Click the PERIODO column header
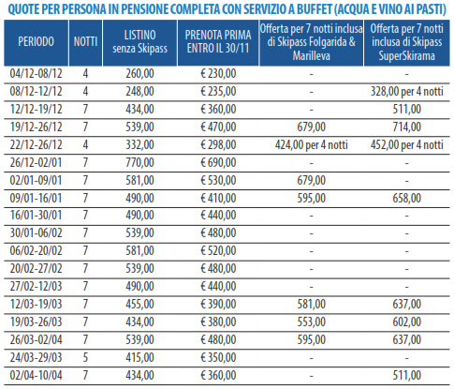point(36,41)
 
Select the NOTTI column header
point(85,41)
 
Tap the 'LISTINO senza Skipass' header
point(139,41)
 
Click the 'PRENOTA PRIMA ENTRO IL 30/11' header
point(218,41)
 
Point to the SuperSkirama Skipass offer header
point(407,42)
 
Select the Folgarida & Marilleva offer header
point(312,42)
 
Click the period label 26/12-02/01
point(36,162)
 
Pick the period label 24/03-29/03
point(36,357)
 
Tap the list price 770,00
point(139,162)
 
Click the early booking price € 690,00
point(218,162)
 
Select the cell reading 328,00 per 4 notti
point(407,91)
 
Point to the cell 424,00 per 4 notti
point(312,144)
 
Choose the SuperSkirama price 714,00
point(407,127)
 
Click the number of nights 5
point(85,357)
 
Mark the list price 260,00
point(139,73)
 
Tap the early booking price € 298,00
point(218,144)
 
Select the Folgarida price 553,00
point(312,322)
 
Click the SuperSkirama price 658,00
point(407,198)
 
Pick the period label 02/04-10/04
point(36,375)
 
